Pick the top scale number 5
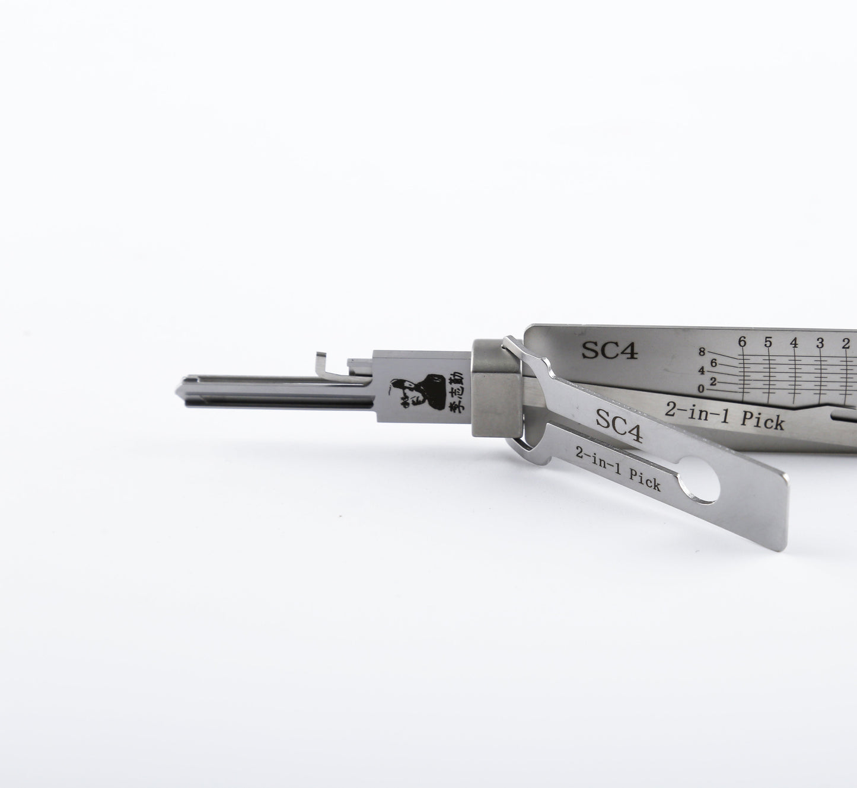768,342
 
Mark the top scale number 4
794,342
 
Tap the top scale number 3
820,342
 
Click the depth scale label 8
702,352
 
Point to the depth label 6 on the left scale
714,362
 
